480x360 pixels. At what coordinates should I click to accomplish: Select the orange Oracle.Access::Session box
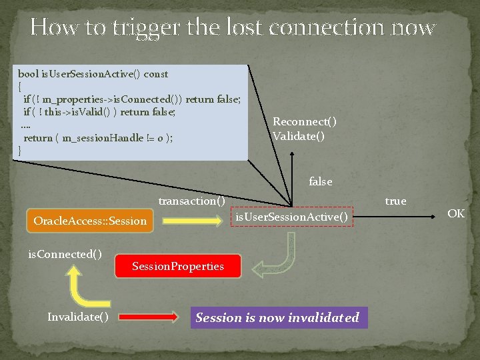point(90,220)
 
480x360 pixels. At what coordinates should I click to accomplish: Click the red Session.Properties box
point(178,267)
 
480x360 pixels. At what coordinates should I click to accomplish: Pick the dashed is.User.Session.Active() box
point(291,216)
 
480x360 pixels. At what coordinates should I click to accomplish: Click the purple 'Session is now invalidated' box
point(277,317)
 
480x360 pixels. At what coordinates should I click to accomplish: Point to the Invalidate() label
point(78,317)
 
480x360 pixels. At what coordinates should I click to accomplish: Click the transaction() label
point(191,201)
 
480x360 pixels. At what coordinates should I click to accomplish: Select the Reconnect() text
point(305,121)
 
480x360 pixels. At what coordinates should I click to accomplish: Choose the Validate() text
point(299,136)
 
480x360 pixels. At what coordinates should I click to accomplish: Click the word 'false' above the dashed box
point(321,181)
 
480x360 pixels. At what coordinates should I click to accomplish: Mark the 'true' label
point(395,201)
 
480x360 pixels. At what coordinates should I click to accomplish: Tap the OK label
point(456,213)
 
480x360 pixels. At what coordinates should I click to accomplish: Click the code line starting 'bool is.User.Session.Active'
point(93,74)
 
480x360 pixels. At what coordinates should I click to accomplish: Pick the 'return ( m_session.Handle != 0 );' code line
point(99,138)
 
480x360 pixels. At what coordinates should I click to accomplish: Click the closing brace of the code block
point(20,151)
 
